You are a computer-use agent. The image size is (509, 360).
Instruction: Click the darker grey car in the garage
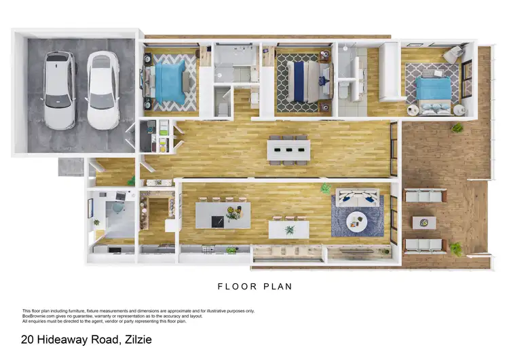pyautogui.click(x=60, y=90)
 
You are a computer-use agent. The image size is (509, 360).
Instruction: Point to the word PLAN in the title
pyautogui.click(x=279, y=287)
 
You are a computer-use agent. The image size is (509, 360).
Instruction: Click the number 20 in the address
pyautogui.click(x=28, y=339)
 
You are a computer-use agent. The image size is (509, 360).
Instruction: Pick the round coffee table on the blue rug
pyautogui.click(x=356, y=221)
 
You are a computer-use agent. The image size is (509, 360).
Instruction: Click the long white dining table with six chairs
pyautogui.click(x=288, y=149)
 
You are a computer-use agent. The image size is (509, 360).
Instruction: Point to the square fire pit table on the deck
pyautogui.click(x=424, y=222)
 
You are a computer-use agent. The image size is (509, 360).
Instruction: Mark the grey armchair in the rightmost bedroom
pyautogui.click(x=452, y=54)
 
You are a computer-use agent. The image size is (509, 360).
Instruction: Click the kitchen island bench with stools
pyautogui.click(x=223, y=215)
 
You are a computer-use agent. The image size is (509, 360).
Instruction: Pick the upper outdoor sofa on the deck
pyautogui.click(x=425, y=196)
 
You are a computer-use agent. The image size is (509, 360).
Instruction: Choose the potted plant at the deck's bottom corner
pyautogui.click(x=455, y=249)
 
